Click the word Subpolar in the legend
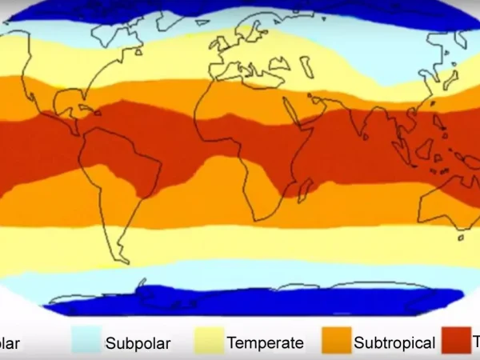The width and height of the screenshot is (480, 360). point(138,344)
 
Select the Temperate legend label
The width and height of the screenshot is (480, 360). point(265,343)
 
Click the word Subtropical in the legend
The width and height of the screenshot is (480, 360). point(394,344)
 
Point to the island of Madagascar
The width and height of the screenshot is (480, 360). point(306,189)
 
